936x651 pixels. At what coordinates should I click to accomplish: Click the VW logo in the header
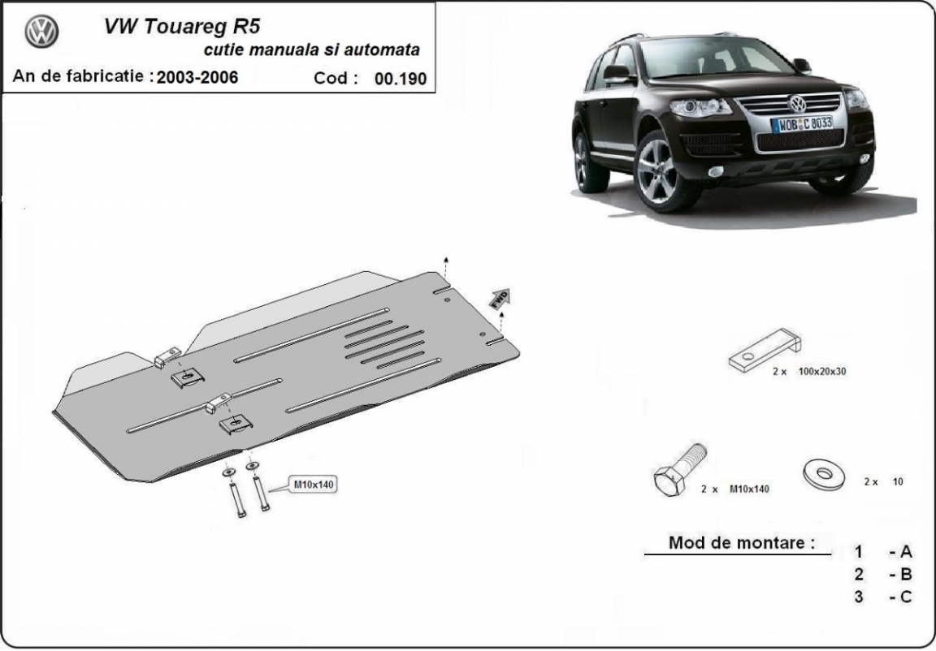click(x=41, y=32)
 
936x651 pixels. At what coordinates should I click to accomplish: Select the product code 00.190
click(x=400, y=79)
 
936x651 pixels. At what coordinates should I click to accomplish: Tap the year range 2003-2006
click(x=197, y=78)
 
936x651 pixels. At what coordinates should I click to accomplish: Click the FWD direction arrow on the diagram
click(x=498, y=298)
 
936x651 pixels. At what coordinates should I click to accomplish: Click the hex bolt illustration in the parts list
click(x=678, y=472)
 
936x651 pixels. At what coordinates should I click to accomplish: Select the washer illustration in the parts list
click(x=823, y=474)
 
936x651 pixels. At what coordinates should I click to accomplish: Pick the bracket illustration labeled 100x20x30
click(x=765, y=351)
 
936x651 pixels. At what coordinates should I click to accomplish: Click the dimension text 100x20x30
click(x=822, y=371)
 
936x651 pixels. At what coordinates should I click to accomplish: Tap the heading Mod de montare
click(x=741, y=542)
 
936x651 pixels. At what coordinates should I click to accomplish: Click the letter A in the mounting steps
click(x=906, y=552)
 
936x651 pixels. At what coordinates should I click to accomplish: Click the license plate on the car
click(x=802, y=123)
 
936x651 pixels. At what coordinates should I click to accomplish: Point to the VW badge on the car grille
click(x=797, y=104)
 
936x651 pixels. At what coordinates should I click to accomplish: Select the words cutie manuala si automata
click(x=311, y=50)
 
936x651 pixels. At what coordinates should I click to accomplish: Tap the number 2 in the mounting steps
click(x=859, y=575)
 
